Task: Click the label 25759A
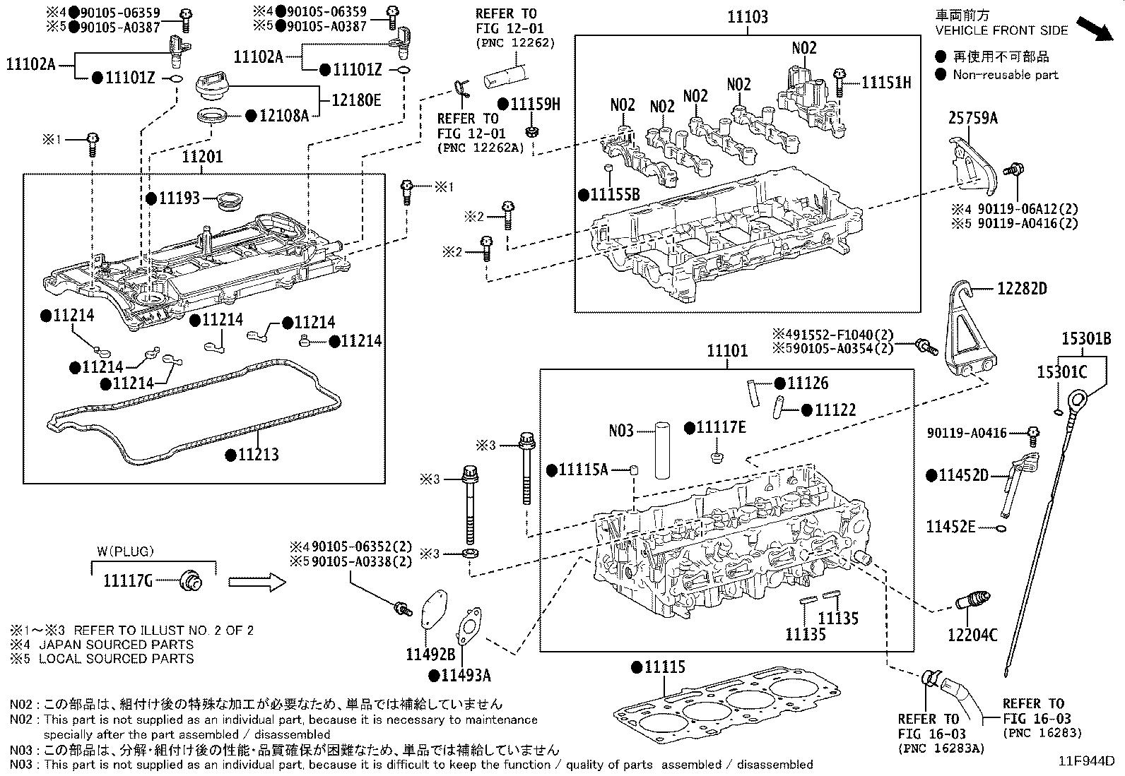coord(972,119)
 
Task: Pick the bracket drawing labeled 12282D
coord(970,332)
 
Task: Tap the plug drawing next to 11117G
coord(191,580)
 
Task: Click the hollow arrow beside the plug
coord(257,583)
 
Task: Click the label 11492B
coord(430,655)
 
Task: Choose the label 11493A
coord(466,676)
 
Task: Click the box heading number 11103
coord(747,17)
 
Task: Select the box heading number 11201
coord(202,157)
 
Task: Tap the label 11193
coord(179,199)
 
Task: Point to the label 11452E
coord(950,526)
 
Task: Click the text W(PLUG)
coord(125,551)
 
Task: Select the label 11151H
coord(886,83)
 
